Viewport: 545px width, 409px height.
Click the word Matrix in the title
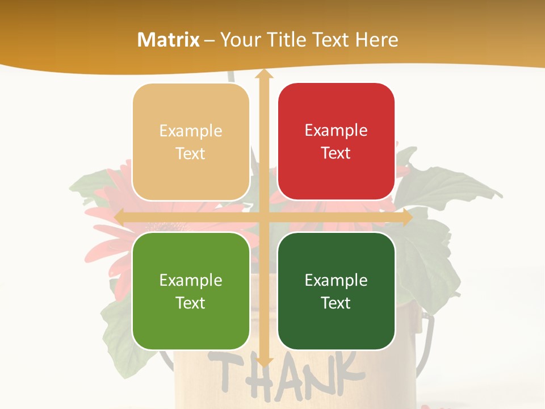169,40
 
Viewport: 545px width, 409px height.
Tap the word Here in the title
376,40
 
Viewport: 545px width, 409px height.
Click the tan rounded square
191,142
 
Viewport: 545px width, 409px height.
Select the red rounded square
336,142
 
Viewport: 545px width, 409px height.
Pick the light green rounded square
191,291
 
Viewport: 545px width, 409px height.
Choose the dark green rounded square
336,291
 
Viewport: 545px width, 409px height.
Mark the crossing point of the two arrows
263,217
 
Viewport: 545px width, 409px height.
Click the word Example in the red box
336,131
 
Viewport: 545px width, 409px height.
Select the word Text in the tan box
191,154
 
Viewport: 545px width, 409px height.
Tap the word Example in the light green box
191,280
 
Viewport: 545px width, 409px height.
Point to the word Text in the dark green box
336,303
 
